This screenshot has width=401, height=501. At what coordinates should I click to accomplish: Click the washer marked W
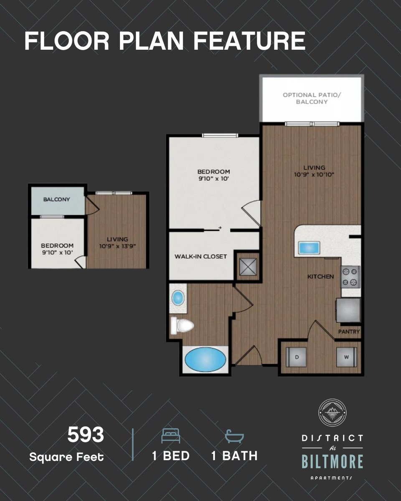click(x=346, y=357)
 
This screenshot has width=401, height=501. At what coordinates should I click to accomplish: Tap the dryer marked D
click(x=296, y=357)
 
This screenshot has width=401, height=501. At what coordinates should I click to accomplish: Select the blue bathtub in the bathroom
click(x=205, y=359)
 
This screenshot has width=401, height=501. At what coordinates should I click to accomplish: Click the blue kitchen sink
click(x=309, y=248)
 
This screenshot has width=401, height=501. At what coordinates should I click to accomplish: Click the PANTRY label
click(x=349, y=331)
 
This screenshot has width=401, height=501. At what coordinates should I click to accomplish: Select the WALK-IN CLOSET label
click(x=200, y=256)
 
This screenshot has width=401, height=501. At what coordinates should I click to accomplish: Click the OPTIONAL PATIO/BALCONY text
click(x=312, y=98)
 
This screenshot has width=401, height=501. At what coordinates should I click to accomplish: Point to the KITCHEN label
click(x=321, y=276)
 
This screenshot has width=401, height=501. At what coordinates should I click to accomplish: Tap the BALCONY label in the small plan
click(x=57, y=199)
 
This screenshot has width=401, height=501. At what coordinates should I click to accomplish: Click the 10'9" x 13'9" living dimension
click(x=118, y=246)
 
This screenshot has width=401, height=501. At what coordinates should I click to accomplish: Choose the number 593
click(x=86, y=435)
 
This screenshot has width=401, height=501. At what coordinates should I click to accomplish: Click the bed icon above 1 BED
click(x=171, y=435)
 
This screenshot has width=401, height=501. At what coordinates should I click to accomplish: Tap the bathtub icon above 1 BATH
click(x=234, y=436)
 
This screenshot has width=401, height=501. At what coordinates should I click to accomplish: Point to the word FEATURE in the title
click(x=249, y=41)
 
